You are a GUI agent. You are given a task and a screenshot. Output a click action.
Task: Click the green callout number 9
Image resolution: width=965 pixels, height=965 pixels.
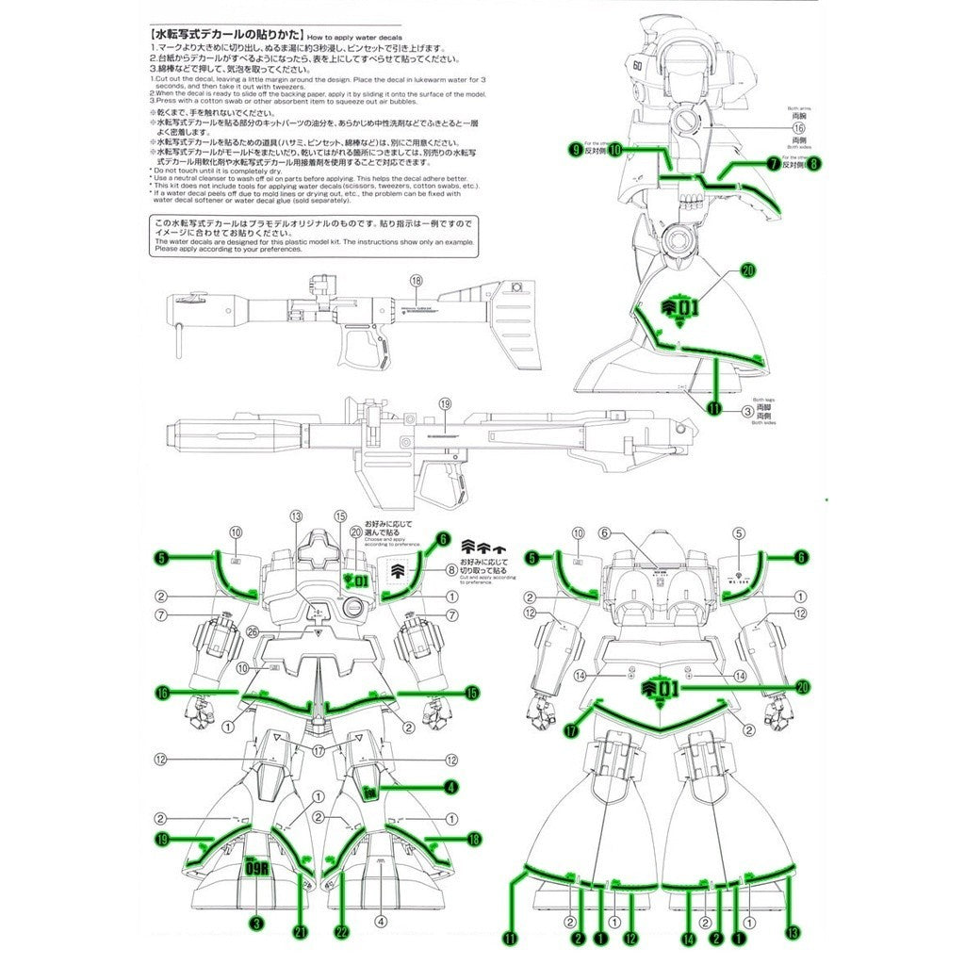(x=574, y=149)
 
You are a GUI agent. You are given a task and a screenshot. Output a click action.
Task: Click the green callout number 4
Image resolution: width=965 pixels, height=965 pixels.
(x=451, y=787)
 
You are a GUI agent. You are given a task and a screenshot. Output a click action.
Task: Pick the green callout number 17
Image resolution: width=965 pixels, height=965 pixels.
(x=571, y=729)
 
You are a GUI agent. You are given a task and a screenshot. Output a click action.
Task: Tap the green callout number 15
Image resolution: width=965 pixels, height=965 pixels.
(x=472, y=693)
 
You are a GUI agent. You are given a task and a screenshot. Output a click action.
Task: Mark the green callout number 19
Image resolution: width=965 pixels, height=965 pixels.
(x=161, y=838)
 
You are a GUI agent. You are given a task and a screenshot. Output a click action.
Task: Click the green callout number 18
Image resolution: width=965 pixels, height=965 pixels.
(x=474, y=838)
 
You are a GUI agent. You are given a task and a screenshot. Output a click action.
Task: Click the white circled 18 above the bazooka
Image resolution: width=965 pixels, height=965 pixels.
(x=416, y=281)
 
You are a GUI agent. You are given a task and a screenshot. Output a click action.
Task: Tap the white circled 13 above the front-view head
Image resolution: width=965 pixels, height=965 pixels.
(x=296, y=515)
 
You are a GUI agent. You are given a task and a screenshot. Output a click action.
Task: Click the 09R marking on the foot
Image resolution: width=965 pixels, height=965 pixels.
(x=257, y=869)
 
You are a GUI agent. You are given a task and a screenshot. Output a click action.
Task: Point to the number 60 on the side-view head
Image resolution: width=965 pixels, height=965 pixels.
(x=638, y=68)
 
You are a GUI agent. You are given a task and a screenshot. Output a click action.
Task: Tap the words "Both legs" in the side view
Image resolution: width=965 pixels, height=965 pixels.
(x=763, y=399)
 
